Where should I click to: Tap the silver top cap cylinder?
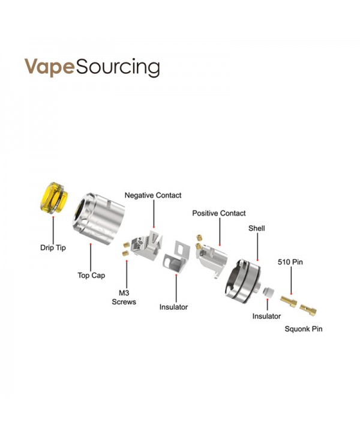click(99, 216)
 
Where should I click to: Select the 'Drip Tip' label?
click(53, 247)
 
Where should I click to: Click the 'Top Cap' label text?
click(91, 276)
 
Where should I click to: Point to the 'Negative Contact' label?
click(152, 195)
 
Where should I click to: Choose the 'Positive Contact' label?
click(219, 213)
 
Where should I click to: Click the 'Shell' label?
click(257, 229)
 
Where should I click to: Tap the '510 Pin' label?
click(290, 262)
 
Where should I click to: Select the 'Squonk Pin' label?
click(303, 329)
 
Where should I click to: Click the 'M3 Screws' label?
click(124, 297)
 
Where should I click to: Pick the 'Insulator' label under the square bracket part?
click(173, 307)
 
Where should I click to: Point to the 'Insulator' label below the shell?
click(266, 316)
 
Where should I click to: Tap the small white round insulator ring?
click(269, 292)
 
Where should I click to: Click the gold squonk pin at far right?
click(310, 309)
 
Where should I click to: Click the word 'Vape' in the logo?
click(48, 67)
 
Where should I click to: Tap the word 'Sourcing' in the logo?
click(116, 67)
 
